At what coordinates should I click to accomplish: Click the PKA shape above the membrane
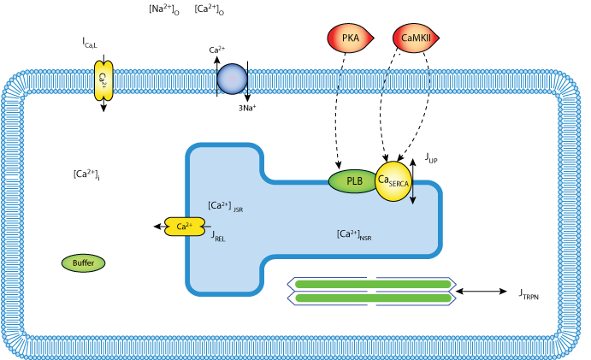[x=349, y=38]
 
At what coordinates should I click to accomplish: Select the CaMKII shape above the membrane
[x=414, y=38]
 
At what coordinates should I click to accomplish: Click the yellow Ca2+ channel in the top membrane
[x=103, y=80]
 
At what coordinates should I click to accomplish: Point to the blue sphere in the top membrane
[x=232, y=79]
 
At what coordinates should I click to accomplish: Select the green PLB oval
[x=353, y=181]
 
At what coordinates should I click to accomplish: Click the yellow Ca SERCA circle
[x=393, y=181]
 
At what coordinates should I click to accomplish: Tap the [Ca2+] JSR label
[x=225, y=206]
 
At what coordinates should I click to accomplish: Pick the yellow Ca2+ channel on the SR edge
[x=185, y=227]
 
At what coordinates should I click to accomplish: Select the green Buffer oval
[x=83, y=263]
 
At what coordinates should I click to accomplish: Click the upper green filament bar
[x=373, y=284]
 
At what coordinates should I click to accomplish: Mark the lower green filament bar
[x=373, y=298]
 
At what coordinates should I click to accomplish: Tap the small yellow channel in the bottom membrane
[x=103, y=349]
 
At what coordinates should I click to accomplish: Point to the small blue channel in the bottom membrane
[x=232, y=350]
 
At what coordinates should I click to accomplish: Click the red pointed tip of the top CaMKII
[x=436, y=38]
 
